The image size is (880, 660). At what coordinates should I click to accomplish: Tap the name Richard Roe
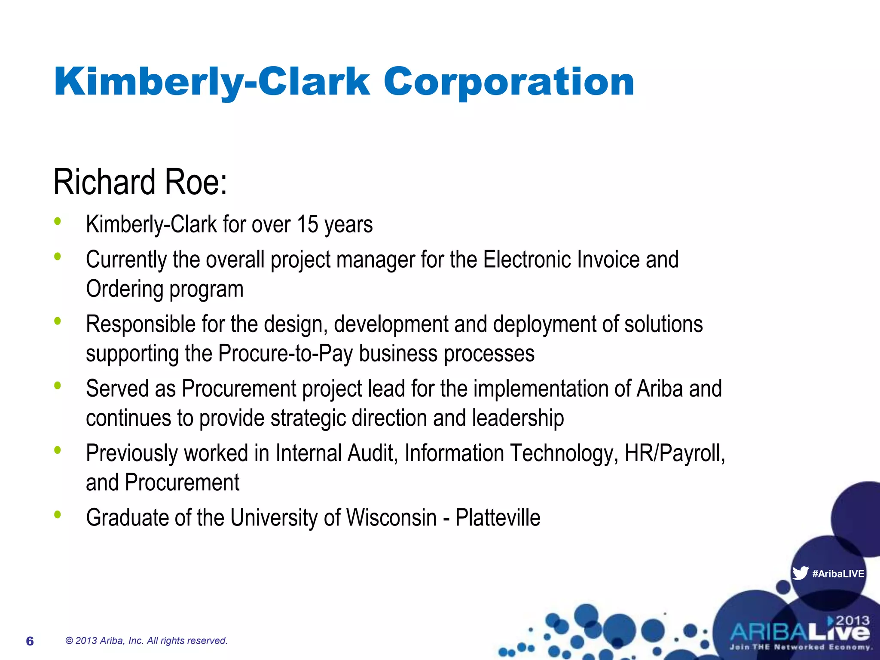140,182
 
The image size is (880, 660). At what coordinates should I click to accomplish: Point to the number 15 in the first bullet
307,224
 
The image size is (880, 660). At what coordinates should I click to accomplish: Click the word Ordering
125,289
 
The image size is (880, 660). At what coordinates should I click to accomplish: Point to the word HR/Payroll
675,453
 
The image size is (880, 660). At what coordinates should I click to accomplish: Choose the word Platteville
498,517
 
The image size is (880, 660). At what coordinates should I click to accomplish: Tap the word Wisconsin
391,517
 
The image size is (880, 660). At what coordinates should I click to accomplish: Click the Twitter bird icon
800,573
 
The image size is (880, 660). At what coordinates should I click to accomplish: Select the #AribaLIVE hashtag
838,574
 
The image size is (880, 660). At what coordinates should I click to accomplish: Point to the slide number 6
30,641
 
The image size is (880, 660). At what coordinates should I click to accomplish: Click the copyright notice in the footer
146,641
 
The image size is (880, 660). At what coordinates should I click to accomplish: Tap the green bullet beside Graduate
58,514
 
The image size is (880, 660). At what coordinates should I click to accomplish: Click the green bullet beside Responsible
58,321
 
